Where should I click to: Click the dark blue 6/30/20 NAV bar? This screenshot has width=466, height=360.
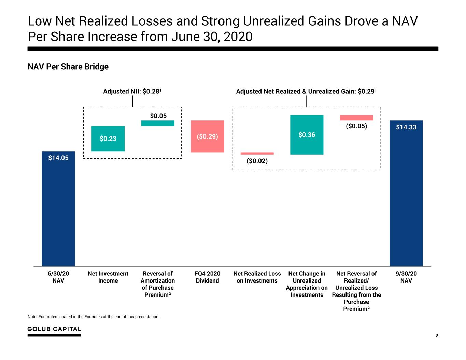point(58,208)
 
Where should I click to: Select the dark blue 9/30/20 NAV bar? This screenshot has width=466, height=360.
point(406,193)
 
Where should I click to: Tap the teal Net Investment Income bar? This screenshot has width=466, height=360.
point(108,139)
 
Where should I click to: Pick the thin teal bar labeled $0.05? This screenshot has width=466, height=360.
point(158,123)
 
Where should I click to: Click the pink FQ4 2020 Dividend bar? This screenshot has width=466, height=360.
point(207,136)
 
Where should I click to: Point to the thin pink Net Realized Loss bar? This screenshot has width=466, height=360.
point(257,153)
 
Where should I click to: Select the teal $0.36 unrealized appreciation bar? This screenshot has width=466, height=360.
point(307,134)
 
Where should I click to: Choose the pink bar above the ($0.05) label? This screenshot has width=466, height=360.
point(356,118)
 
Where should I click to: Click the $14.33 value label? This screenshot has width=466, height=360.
point(406,127)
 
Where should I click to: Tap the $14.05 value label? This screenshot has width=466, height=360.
point(58,158)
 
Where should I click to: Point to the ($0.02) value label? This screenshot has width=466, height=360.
point(257,161)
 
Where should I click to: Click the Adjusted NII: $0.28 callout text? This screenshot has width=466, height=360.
point(132,91)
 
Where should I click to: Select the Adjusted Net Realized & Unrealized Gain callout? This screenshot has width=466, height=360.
point(306,91)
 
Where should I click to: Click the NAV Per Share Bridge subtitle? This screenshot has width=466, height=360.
point(68,67)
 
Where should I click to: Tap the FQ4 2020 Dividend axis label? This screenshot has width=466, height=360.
point(207,277)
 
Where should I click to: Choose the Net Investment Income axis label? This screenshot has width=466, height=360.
point(108,277)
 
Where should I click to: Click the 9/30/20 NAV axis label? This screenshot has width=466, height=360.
point(406,277)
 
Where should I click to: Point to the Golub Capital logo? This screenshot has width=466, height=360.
point(54,331)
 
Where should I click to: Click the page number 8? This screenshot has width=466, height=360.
point(437,336)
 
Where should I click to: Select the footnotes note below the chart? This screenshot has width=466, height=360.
point(94,317)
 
